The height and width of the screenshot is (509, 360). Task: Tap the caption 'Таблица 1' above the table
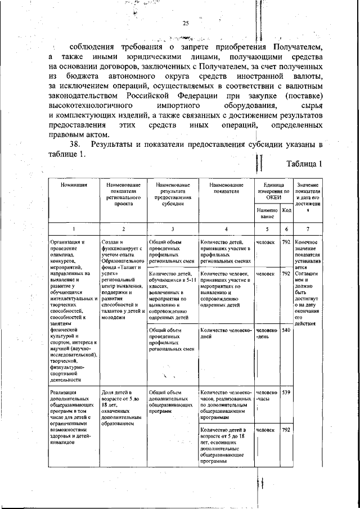(304, 165)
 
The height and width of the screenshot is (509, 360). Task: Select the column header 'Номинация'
(74, 185)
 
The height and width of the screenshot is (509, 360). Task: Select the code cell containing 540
(286, 330)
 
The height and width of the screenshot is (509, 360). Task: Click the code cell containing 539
(286, 392)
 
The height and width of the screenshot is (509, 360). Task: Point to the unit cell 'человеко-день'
(267, 334)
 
